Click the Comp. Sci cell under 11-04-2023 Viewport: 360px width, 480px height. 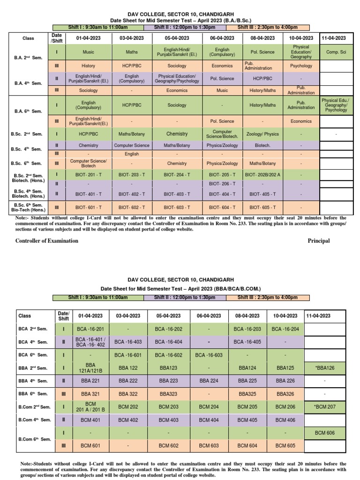tap(336, 52)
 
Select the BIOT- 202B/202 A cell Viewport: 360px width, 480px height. tap(262, 174)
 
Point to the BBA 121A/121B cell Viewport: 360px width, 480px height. tap(90, 368)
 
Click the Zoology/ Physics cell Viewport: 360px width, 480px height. tap(262, 134)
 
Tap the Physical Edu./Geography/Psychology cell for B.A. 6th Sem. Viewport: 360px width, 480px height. tap(336, 105)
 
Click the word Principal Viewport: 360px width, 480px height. tap(319, 241)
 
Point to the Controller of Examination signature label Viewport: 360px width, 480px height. tap(47, 241)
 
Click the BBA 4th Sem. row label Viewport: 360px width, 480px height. tap(33, 381)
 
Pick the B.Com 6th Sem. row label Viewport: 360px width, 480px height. tap(33, 439)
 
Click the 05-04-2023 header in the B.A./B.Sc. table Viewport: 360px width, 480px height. tap(177, 38)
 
